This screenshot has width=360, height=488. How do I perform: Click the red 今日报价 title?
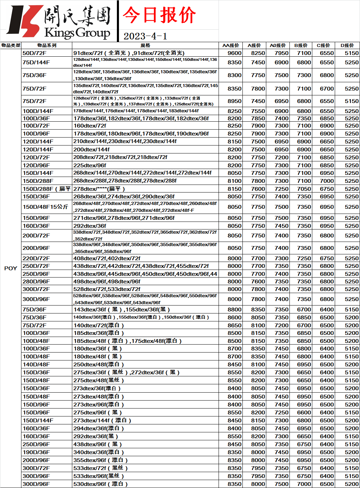coord(159,15)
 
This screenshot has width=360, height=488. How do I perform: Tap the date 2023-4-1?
coord(145,36)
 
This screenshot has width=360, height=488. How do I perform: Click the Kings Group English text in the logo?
coord(77,33)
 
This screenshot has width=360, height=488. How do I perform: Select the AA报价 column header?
coord(231,45)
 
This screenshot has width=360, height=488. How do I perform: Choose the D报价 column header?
coord(347,45)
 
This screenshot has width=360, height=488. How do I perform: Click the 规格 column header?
coord(145,45)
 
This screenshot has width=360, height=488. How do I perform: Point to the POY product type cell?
coord(10,268)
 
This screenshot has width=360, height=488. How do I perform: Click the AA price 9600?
coord(234,53)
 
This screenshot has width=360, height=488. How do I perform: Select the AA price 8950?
coord(234,101)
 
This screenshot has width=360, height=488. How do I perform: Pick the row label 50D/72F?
coord(34,53)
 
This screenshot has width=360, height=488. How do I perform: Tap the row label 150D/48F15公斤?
coord(45,207)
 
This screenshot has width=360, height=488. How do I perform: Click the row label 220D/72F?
coord(36,258)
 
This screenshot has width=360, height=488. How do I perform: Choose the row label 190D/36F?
coord(36,452)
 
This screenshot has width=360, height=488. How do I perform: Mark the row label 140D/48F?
coord(36,364)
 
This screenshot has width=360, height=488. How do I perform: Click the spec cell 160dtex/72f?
coord(90,125)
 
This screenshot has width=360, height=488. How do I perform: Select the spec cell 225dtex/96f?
coord(90,165)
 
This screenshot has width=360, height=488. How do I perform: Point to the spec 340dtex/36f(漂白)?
coord(99,452)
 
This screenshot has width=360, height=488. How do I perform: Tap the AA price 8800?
coord(234,309)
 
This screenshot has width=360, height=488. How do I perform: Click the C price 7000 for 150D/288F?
coord(327,181)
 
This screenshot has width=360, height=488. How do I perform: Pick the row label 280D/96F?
coord(36,281)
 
